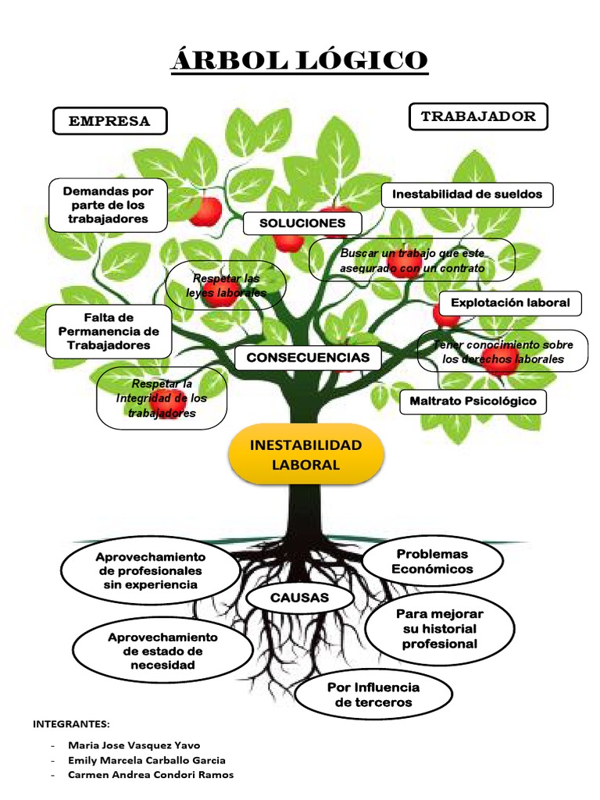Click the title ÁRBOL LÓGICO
tap(299, 59)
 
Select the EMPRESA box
tap(109, 121)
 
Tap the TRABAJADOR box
tap(478, 116)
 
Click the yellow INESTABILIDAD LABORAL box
tap(305, 455)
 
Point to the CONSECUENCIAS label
tap(308, 357)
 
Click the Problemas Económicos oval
tap(432, 561)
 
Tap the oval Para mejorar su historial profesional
tap(439, 629)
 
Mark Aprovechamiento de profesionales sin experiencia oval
tap(150, 570)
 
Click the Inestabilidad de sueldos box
tap(467, 195)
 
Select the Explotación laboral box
tap(511, 302)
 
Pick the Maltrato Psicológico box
tap(473, 402)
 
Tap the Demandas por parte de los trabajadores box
tap(109, 205)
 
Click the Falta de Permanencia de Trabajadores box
tap(108, 331)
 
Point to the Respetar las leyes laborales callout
tap(226, 285)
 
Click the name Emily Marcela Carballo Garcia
tap(147, 759)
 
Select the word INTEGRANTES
tap(71, 723)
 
